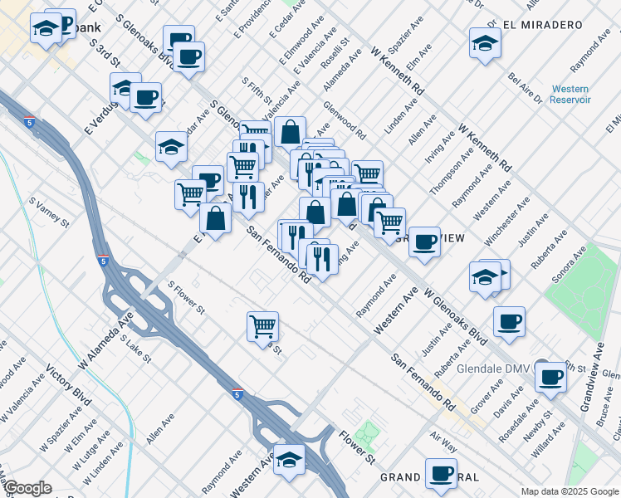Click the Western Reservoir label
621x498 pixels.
(570, 94)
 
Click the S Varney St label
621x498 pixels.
(48, 212)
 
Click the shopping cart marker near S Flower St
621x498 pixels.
(262, 325)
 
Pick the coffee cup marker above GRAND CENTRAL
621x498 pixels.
(441, 474)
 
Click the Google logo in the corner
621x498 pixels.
(27, 488)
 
